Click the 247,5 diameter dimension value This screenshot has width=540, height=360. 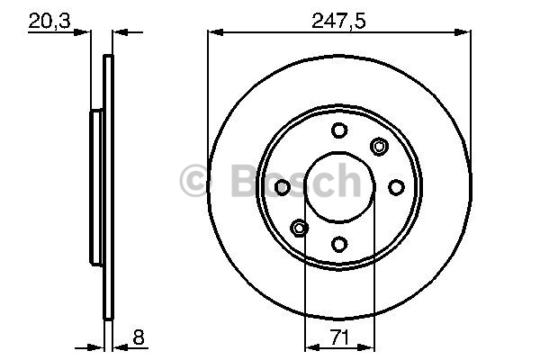click(x=337, y=22)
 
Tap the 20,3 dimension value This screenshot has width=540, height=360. click(x=49, y=22)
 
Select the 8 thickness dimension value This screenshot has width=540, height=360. click(x=138, y=337)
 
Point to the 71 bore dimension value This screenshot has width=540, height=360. click(x=339, y=337)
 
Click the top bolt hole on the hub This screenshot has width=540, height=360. click(x=339, y=130)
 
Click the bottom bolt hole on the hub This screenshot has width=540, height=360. click(x=339, y=244)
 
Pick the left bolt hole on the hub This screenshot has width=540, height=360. click(x=283, y=187)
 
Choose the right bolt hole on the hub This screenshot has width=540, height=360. click(x=396, y=187)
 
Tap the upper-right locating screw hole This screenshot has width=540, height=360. click(x=379, y=147)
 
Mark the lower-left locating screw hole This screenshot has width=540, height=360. click(x=300, y=228)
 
